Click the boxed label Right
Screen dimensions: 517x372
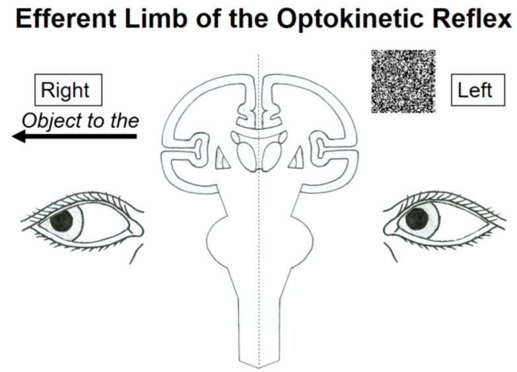tap(69, 90)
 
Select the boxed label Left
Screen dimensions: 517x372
tap(475, 90)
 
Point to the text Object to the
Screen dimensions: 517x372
tap(80, 121)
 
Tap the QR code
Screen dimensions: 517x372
tap(403, 80)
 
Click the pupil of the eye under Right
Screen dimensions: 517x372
tap(64, 220)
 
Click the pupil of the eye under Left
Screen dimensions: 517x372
tap(417, 219)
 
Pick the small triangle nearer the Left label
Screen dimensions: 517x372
tap(297, 156)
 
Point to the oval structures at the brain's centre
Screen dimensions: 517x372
tap(258, 154)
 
